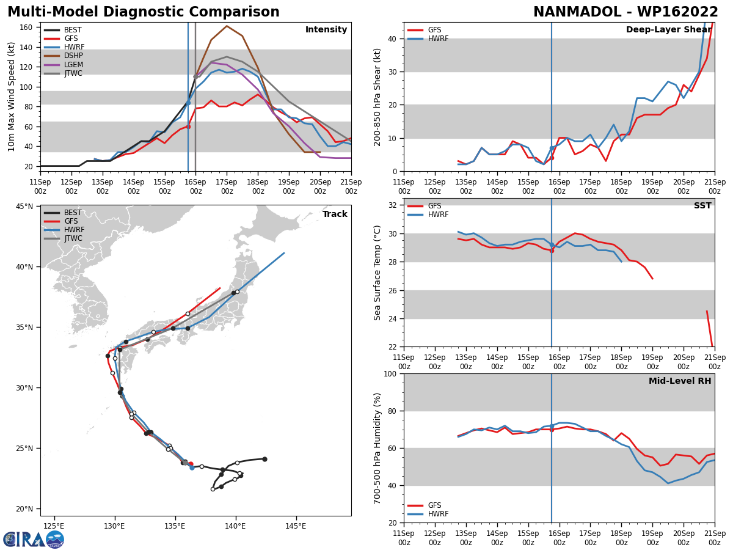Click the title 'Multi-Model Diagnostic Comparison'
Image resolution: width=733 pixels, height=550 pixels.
coord(143,12)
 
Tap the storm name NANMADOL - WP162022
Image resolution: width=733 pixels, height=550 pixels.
coord(625,12)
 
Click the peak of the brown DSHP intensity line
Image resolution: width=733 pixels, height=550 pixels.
coord(227,26)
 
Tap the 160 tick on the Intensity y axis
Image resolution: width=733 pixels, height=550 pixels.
coord(27,27)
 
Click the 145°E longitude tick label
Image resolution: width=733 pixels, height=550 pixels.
coord(296,526)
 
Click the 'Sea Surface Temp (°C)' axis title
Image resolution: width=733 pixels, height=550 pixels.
coord(377,273)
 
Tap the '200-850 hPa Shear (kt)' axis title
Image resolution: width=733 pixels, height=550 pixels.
coord(377,97)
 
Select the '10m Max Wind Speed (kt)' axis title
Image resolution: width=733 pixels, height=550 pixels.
coord(12,97)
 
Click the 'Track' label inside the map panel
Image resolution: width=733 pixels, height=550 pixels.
coord(335,215)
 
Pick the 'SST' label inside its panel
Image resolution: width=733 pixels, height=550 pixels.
coord(702,206)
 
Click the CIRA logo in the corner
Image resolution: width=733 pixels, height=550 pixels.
coord(34,539)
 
